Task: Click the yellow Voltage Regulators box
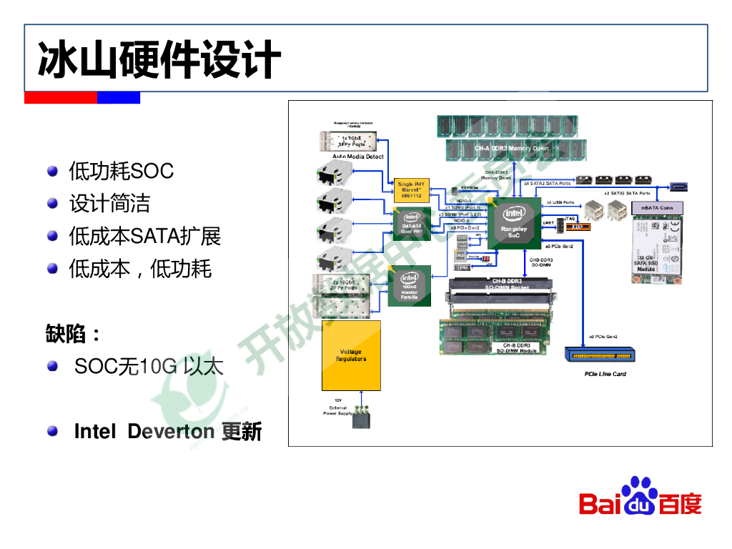pos(351,355)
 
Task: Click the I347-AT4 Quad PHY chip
pos(412,223)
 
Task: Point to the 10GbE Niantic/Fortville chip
pos(410,285)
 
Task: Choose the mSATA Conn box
pos(656,207)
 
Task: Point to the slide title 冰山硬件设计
pos(159,59)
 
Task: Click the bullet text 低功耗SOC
pos(121,171)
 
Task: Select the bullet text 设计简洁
pos(109,203)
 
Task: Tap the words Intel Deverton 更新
pos(168,431)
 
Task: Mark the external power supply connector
pos(362,418)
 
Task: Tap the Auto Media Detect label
pos(358,157)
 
